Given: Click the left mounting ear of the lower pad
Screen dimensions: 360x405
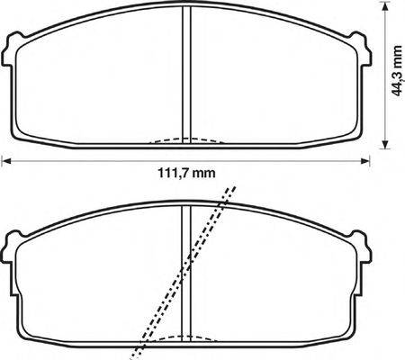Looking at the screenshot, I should [x=12, y=245].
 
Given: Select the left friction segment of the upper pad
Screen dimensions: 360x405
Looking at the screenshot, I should [x=99, y=85].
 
